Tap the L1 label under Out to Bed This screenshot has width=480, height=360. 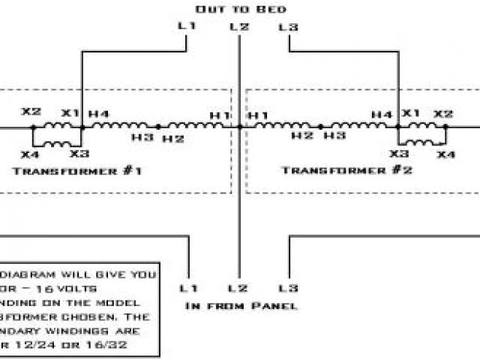click(x=186, y=26)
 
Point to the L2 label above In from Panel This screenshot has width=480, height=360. click(x=238, y=288)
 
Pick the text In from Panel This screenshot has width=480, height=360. click(x=241, y=306)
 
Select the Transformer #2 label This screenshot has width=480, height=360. click(x=347, y=170)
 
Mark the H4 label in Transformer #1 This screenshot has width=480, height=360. click(x=99, y=113)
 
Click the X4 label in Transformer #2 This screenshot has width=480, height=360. click(x=446, y=154)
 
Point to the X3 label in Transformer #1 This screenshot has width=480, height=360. click(x=79, y=153)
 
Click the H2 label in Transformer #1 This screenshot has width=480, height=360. click(x=173, y=139)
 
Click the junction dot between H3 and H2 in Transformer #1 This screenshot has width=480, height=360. click(x=157, y=127)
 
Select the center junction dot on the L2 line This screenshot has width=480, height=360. click(x=239, y=127)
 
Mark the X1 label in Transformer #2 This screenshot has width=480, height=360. click(x=411, y=113)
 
